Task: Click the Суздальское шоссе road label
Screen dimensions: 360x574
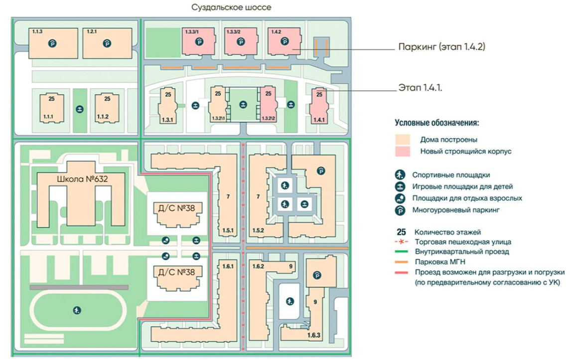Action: pos(231,7)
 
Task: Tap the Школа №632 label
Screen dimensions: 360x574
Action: pos(82,178)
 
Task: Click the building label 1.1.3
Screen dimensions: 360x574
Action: pos(37,31)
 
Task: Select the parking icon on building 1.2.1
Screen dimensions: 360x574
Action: pos(107,44)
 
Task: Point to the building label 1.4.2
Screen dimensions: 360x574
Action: pos(277,32)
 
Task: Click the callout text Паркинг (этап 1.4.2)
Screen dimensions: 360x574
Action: pos(441,47)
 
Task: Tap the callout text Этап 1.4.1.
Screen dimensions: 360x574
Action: pos(421,87)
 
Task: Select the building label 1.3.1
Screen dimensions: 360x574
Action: pos(167,120)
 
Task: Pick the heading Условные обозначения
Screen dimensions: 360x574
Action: pos(437,122)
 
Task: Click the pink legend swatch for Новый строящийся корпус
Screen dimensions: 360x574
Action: pos(402,151)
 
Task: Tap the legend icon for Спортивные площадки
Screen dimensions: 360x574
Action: pos(400,175)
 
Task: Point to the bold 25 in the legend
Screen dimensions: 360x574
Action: pos(402,232)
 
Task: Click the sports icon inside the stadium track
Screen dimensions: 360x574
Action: pos(76,311)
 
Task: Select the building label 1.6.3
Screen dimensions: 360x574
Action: pos(314,336)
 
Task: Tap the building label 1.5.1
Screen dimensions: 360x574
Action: pos(229,229)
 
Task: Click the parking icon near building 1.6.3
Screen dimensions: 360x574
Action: pos(315,274)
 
